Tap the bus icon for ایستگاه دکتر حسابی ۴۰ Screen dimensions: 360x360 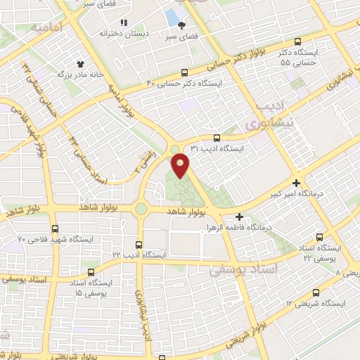pos(184,72)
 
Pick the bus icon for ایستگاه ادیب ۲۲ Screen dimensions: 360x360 pos(139,243)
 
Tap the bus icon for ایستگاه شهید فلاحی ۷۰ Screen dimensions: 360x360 pos(56,228)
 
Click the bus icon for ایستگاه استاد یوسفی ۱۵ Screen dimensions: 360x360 pos(89,271)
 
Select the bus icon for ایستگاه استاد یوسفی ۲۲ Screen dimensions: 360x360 pos(320,238)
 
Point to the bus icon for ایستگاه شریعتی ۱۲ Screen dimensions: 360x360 pos(314,292)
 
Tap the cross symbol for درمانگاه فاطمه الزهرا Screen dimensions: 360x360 pos(240,217)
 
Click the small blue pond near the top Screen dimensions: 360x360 pos(171,15)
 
